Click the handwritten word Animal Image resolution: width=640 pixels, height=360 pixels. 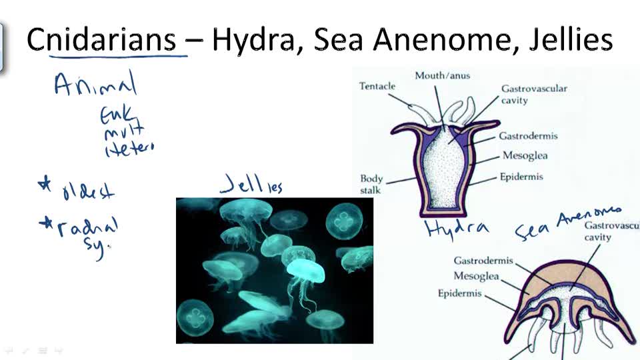pos(95,85)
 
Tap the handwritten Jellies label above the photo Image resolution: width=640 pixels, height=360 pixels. pos(251,183)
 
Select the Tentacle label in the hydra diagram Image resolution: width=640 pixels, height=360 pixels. pos(377,86)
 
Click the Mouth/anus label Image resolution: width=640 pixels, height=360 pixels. pos(442,75)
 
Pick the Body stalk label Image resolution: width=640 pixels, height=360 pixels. pos(371,183)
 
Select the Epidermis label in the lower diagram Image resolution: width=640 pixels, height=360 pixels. pos(459,293)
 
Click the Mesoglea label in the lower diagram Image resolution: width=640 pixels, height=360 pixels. pos(477,276)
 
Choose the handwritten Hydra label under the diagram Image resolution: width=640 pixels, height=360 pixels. pos(457,229)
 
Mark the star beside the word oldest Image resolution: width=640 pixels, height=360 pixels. pos(45,185)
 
